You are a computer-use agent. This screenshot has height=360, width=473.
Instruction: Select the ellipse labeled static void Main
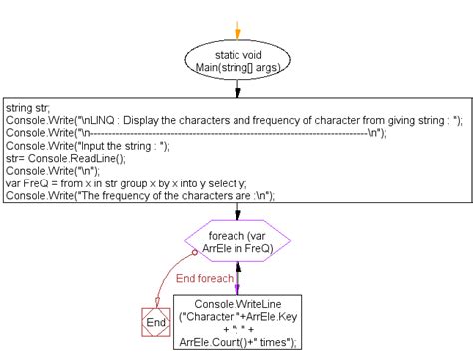[237, 59]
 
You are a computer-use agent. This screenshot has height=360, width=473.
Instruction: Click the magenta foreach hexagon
[236, 244]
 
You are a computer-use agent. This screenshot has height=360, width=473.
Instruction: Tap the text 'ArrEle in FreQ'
[236, 251]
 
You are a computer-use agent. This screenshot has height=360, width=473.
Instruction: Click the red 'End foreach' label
[204, 279]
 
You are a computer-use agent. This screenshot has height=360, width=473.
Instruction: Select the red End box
[155, 322]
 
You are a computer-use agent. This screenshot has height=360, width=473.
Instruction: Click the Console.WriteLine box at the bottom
[236, 322]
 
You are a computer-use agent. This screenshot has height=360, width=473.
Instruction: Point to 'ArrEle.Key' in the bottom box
[259, 316]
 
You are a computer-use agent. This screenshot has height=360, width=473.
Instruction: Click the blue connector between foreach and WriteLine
[236, 280]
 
